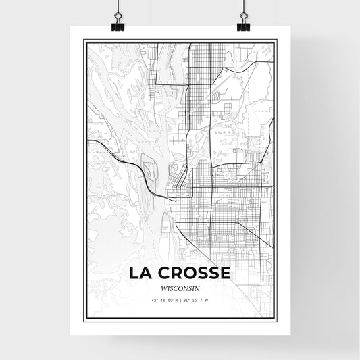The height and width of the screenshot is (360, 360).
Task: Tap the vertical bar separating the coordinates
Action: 180,300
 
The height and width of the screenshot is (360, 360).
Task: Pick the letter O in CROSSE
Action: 188,273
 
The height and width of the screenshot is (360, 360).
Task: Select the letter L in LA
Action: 133,273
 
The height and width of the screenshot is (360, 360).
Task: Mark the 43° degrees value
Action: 154,300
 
